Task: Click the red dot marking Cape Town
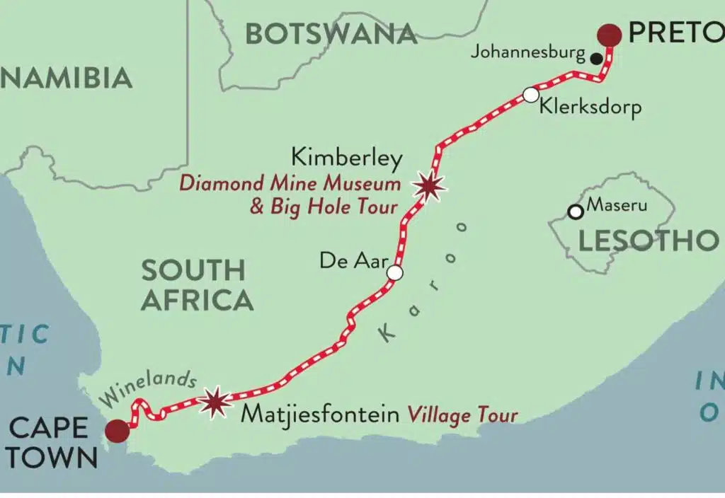click(x=117, y=430)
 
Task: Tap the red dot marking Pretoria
click(x=609, y=34)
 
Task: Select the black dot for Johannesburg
click(x=597, y=58)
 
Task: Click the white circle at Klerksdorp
click(x=530, y=95)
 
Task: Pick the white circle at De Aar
click(x=395, y=273)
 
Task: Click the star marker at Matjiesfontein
click(x=215, y=403)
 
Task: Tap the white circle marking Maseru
click(x=576, y=212)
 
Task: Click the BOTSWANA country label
click(x=331, y=34)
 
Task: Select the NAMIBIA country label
click(x=67, y=78)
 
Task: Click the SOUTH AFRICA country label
click(x=196, y=285)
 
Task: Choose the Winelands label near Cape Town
click(x=148, y=388)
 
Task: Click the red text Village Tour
click(x=462, y=415)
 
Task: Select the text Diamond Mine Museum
click(x=290, y=183)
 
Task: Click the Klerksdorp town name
click(x=590, y=108)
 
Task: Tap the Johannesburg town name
click(x=527, y=52)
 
